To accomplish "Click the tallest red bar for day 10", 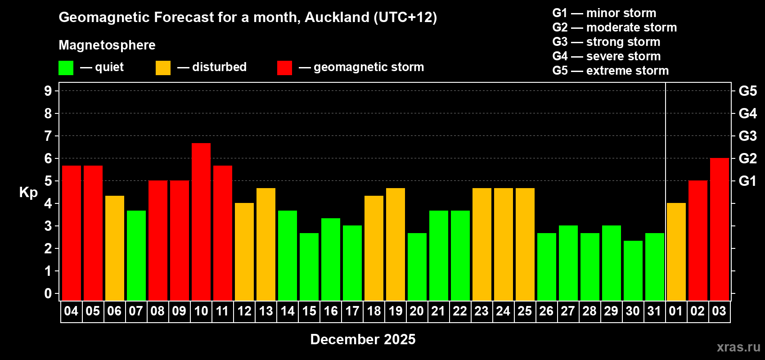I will coord(201,221).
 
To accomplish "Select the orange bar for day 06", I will coord(115,248).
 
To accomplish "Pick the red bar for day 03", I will coord(720,229).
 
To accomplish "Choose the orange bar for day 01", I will coord(676,252).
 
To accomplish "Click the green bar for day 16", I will coord(331,259).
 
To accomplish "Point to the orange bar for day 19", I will coord(396,244).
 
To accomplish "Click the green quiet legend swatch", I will coord(66,68).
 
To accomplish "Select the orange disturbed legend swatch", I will coord(163,68).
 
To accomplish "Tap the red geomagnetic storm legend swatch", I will coord(284,68).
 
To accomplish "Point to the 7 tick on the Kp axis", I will coord(48,136).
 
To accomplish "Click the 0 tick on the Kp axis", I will coord(48,294).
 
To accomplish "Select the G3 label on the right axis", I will coord(747,136).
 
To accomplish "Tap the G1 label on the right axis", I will coord(747,181).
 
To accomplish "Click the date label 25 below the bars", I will coord(525,311).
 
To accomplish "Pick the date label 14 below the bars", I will coord(288,311).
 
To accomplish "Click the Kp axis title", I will coord(28,192).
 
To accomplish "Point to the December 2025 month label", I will coord(363,339).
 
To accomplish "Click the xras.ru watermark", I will coord(738,347).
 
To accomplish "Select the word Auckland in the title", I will coord(336,17).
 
